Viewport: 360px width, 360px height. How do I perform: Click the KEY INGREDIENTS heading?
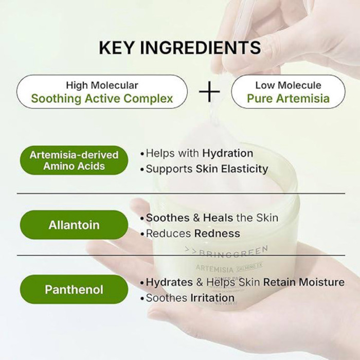179,48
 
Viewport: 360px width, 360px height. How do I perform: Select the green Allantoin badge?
74,225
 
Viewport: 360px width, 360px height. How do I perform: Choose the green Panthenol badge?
74,289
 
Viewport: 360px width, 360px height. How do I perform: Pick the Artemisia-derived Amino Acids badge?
74,160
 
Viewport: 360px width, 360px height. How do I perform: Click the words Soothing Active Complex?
102,98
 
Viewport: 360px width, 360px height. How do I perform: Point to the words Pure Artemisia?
288,98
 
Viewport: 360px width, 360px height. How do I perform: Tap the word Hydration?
227,153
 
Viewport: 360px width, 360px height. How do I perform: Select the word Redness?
217,233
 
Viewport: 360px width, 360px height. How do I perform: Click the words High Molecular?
102,85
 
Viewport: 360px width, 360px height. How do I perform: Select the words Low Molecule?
288,85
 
